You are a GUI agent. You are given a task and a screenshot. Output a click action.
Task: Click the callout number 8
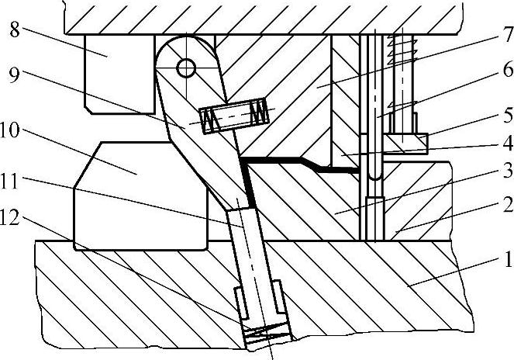[x=15, y=31]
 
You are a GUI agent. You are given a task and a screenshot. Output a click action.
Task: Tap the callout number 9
[x=15, y=76]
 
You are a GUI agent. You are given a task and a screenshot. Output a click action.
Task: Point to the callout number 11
[x=15, y=180]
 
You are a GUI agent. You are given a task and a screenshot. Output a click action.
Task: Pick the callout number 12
[x=15, y=220]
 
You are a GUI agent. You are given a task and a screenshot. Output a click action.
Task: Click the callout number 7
[x=505, y=34]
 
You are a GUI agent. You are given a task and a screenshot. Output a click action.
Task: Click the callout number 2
[x=505, y=206]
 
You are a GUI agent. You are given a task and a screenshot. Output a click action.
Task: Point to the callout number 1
[x=505, y=260]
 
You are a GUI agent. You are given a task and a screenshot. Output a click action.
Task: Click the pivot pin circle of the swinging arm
[x=185, y=68]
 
